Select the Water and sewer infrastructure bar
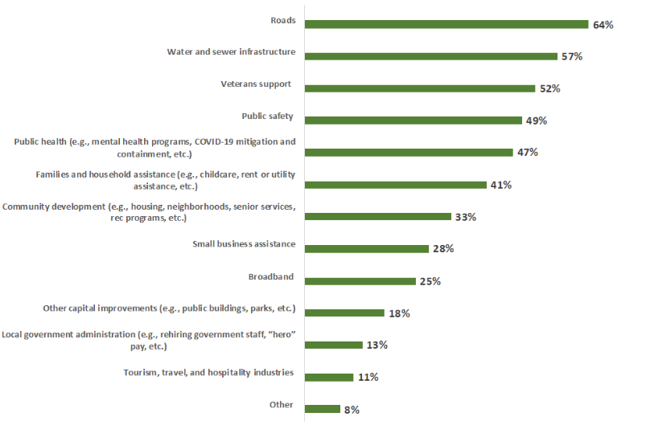click(431, 56)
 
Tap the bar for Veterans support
click(420, 88)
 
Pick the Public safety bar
click(414, 121)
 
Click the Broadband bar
click(360, 281)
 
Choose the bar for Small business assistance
click(367, 249)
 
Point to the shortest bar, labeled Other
click(323, 409)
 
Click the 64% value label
click(603, 25)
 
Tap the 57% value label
click(572, 57)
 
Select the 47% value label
click(528, 153)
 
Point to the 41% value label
click(501, 185)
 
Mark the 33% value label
click(465, 217)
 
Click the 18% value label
click(399, 313)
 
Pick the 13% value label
click(377, 345)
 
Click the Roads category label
click(282, 20)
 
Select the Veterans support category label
click(256, 84)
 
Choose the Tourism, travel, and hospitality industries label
click(208, 372)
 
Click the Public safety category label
click(267, 116)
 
